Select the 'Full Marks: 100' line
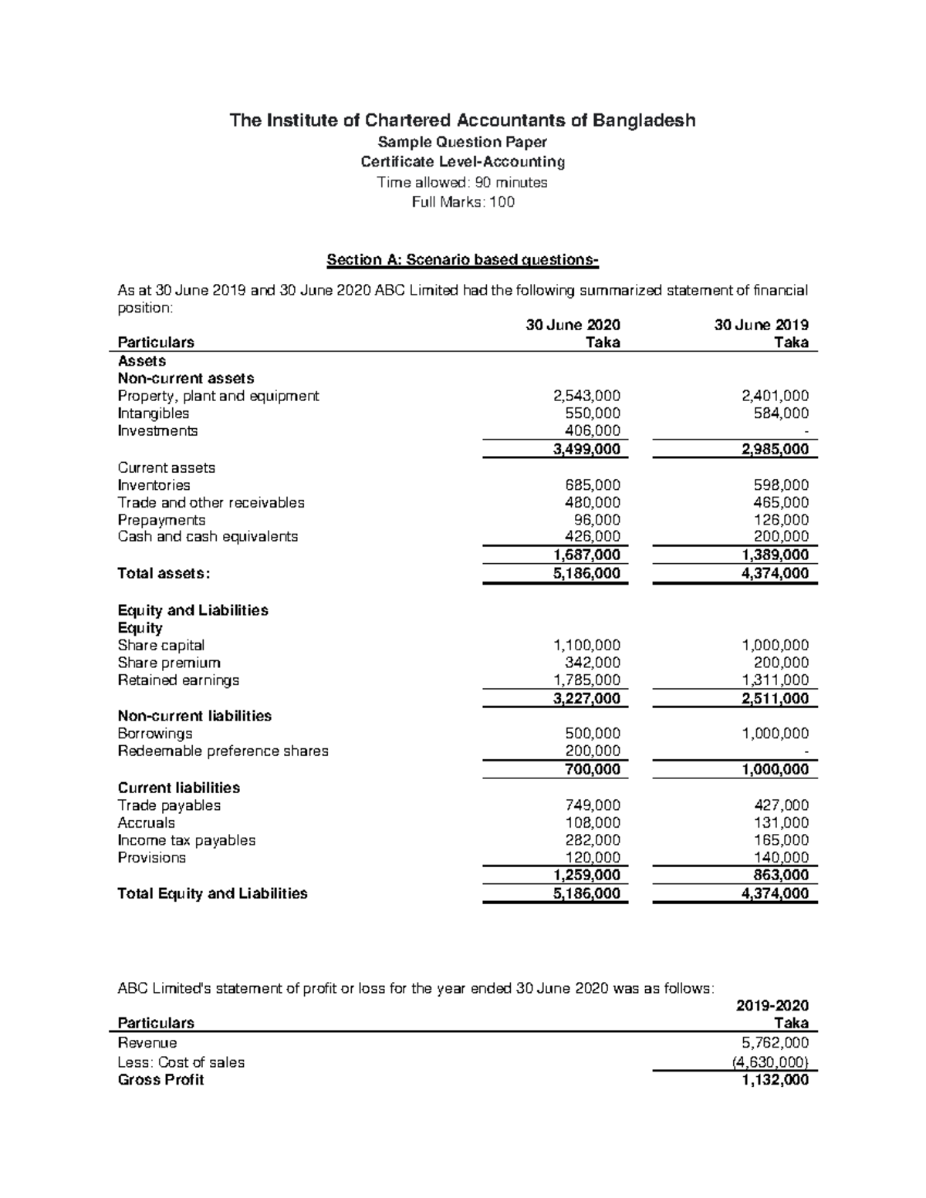pos(463,202)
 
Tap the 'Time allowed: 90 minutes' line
pos(462,182)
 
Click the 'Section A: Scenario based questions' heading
pos(462,260)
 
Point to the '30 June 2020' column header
pos(573,325)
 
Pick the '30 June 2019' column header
pos(761,325)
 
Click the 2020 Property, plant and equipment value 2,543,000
pos(586,396)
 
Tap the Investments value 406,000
pos(593,431)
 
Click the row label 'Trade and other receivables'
pos(211,503)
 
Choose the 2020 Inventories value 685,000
pos(593,485)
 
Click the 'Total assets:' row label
pos(164,573)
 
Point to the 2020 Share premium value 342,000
pos(593,663)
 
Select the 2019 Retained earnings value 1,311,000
pos(776,680)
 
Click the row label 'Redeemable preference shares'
pos(223,751)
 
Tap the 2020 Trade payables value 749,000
pos(593,805)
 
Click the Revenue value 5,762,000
pos(776,1043)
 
